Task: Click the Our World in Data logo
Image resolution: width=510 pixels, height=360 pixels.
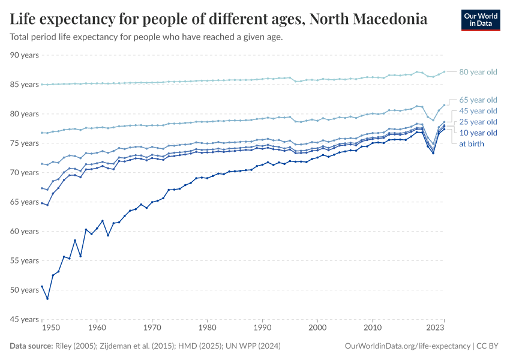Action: click(x=480, y=20)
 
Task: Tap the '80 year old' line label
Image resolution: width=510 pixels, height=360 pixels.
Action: click(x=478, y=72)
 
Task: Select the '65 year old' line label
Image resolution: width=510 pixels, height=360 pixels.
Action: click(x=478, y=100)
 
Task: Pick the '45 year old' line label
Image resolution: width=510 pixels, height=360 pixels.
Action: click(x=478, y=111)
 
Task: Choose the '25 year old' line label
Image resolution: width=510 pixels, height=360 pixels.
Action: click(x=478, y=122)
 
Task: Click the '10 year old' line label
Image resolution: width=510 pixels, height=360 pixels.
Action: click(x=478, y=133)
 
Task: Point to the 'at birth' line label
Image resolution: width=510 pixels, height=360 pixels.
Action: click(x=471, y=144)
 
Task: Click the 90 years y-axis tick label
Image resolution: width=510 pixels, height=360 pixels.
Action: click(x=25, y=55)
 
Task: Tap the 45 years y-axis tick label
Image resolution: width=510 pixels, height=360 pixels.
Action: click(x=25, y=319)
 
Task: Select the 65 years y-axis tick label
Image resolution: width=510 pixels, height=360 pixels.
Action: click(x=25, y=202)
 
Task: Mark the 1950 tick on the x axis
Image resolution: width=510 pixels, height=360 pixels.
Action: click(x=51, y=328)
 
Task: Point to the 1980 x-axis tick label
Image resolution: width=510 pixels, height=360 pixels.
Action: click(x=207, y=328)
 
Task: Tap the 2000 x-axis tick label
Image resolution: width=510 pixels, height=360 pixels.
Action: click(x=317, y=328)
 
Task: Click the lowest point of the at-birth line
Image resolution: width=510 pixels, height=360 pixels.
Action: click(x=47, y=299)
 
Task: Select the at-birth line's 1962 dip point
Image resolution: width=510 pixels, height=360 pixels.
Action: click(x=108, y=235)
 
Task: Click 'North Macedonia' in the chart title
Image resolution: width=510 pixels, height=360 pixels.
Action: click(x=368, y=19)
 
